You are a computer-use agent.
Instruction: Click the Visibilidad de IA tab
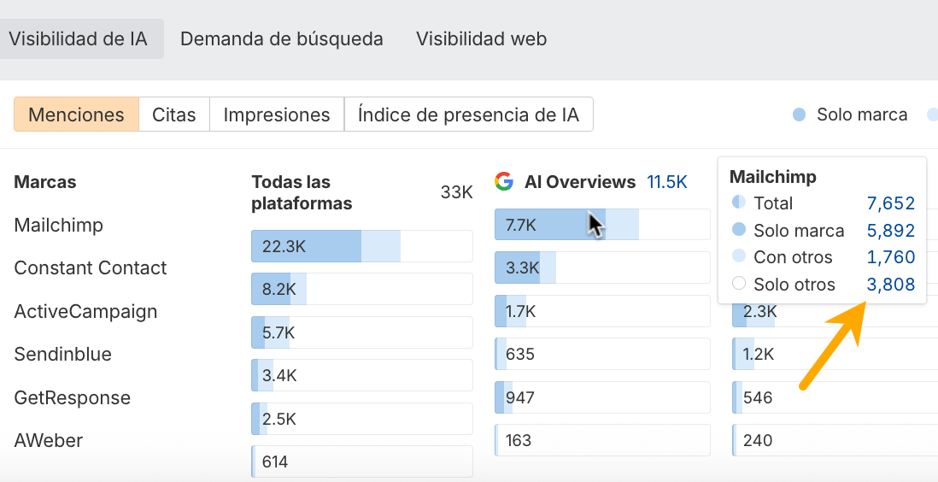78,39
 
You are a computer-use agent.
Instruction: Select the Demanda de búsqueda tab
282,39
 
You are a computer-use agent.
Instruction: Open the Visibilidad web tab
481,39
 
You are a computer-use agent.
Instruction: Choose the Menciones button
76,115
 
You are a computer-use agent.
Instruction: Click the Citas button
174,115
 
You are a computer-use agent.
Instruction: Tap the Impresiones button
277,115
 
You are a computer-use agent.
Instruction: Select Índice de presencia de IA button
468,115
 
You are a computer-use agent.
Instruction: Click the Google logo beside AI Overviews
504,181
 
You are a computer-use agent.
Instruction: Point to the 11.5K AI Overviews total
667,181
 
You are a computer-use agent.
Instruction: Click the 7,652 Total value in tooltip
890,203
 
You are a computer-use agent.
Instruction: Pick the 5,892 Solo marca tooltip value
890,231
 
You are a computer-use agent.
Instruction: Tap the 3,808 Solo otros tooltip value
890,285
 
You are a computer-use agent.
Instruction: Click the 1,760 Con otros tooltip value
890,257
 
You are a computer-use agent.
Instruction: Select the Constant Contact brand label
91,268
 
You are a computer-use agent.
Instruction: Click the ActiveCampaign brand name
85,311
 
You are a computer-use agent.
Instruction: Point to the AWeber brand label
49,441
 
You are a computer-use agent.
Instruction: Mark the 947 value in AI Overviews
519,397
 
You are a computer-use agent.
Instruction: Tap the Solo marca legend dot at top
800,115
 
